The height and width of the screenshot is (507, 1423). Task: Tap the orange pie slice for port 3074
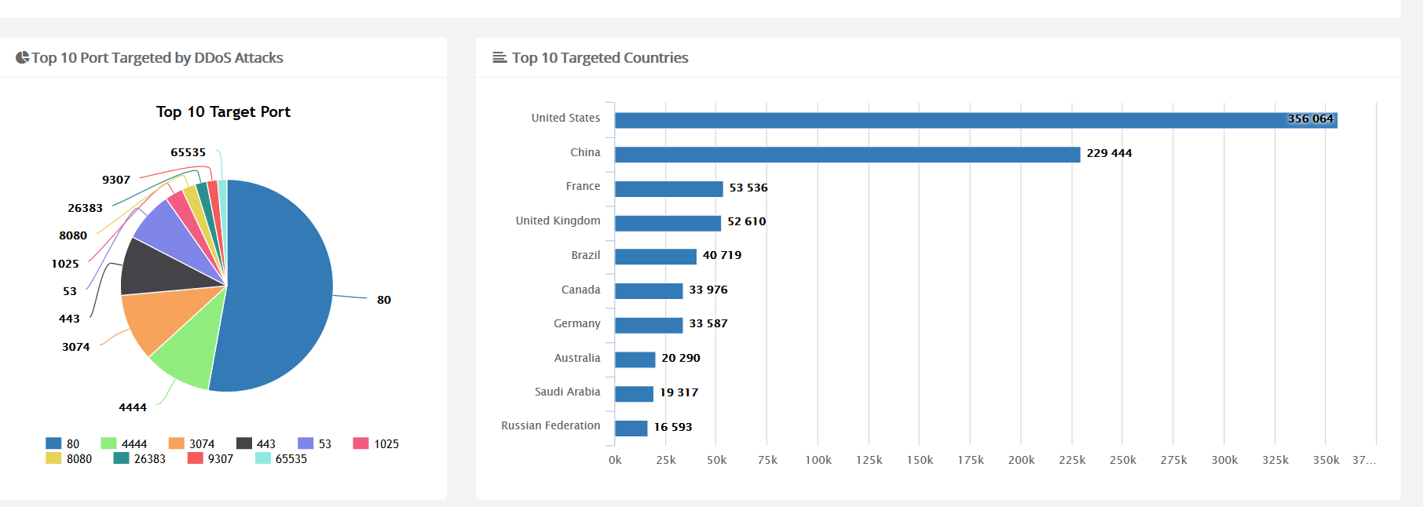point(156,318)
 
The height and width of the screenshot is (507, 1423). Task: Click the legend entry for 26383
point(141,459)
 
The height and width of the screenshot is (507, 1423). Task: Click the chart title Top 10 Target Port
point(223,112)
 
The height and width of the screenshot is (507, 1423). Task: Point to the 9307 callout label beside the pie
point(116,180)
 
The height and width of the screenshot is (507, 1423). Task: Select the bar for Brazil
point(655,257)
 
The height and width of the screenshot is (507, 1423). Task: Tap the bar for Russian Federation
point(631,428)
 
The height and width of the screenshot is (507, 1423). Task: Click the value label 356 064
point(1310,119)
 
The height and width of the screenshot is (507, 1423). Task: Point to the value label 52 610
point(746,222)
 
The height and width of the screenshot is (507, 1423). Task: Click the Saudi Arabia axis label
point(567,392)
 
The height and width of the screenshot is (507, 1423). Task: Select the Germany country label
point(576,323)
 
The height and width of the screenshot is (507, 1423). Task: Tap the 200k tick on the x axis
point(1021,460)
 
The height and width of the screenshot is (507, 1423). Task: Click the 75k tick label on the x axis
point(767,460)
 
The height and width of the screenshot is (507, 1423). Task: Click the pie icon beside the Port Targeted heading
point(22,57)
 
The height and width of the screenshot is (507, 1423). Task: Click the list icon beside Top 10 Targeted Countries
point(499,57)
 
